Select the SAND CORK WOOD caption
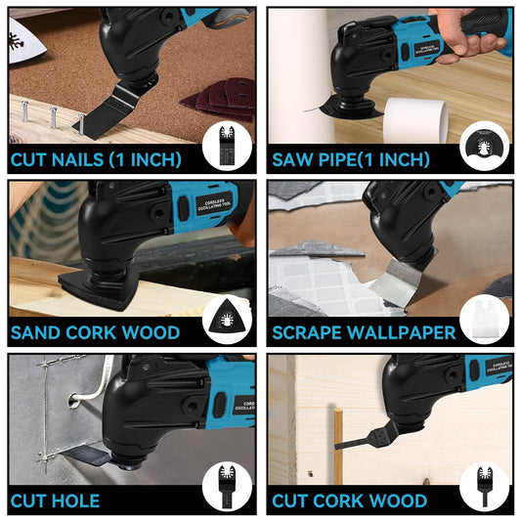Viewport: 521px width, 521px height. pyautogui.click(x=96, y=333)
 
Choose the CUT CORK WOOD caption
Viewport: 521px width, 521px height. pyautogui.click(x=350, y=502)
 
